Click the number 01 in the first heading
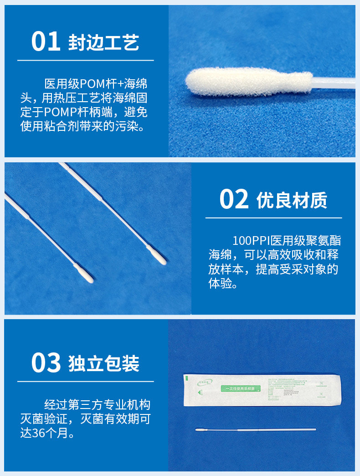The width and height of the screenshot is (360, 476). (x=46, y=41)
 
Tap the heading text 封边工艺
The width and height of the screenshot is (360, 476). (x=103, y=42)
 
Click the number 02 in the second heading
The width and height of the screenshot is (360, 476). (x=234, y=200)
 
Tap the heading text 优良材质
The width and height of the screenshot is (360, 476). (x=292, y=201)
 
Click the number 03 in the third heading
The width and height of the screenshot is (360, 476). (x=46, y=363)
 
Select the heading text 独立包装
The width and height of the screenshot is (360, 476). (x=103, y=364)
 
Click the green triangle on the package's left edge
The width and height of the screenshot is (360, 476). (x=186, y=378)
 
